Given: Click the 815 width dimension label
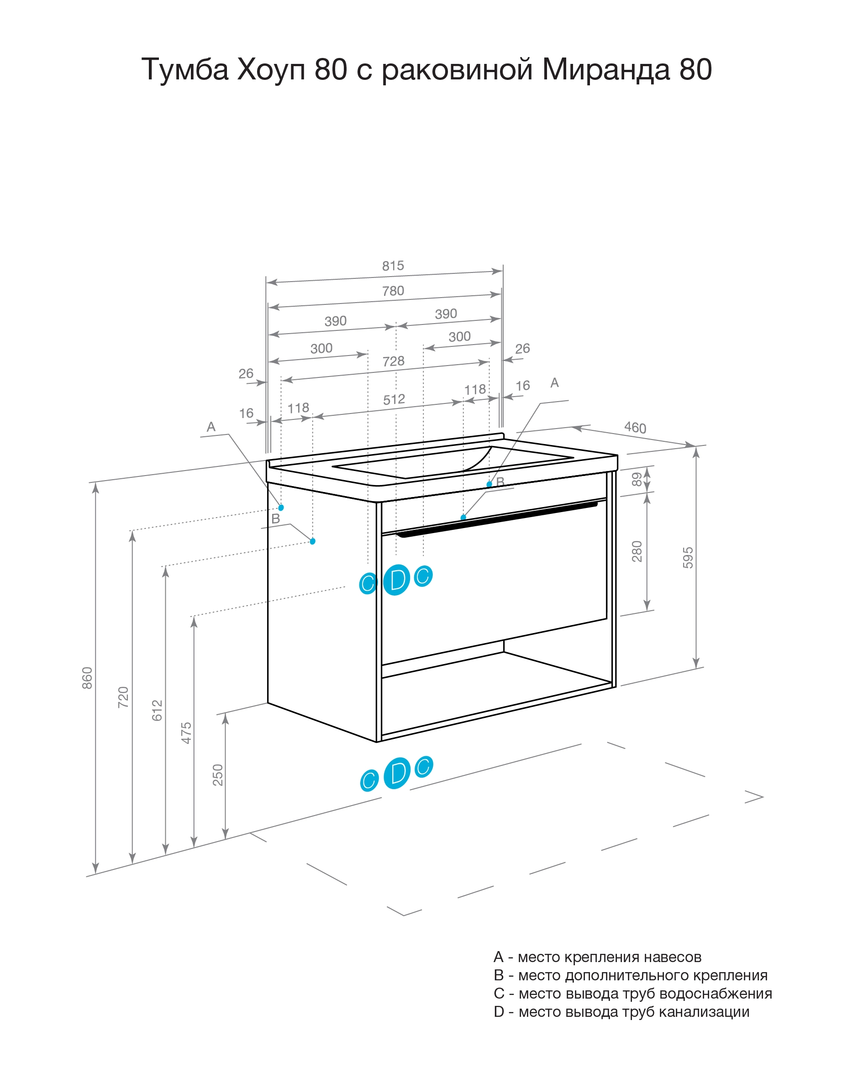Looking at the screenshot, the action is click(393, 266).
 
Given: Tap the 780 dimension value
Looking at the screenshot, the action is click(393, 291).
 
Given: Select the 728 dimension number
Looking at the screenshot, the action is click(393, 361).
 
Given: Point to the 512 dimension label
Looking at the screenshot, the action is click(394, 400).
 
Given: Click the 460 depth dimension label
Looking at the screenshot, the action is click(635, 428).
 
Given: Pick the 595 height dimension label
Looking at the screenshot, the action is click(688, 558).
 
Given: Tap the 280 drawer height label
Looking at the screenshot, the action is click(637, 551).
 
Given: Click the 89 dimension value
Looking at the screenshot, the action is click(637, 480).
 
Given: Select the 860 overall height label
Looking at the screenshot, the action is click(87, 678).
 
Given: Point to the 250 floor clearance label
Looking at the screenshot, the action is click(218, 775).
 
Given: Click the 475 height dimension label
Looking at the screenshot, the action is click(186, 733).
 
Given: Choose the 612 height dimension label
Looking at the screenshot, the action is click(157, 711).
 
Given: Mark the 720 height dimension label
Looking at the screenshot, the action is click(123, 697).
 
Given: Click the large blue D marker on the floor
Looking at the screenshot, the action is click(397, 774).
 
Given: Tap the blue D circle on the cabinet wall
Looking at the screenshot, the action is click(397, 580).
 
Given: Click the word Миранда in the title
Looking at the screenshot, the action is click(606, 69).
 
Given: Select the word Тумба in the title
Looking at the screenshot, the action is click(185, 69).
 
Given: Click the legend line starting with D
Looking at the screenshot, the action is click(621, 1012).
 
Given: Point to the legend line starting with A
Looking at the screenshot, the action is click(597, 957).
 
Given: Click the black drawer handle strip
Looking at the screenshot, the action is click(497, 520).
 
